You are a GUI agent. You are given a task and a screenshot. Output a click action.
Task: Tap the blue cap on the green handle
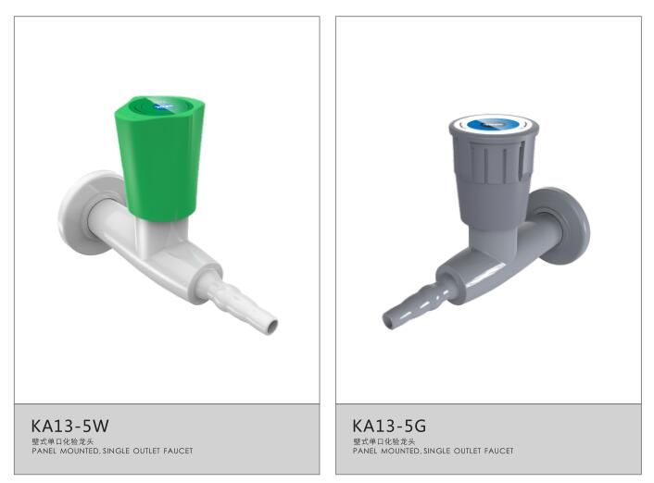click(162, 105)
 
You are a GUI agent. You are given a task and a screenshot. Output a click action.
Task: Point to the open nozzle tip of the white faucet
click(272, 326)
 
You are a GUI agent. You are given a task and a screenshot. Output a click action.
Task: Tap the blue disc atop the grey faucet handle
click(493, 124)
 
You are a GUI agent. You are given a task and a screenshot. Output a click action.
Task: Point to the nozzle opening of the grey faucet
click(388, 320)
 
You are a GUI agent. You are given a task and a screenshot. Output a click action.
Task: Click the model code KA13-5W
click(69, 426)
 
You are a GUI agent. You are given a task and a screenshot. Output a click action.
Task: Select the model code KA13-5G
click(389, 426)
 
